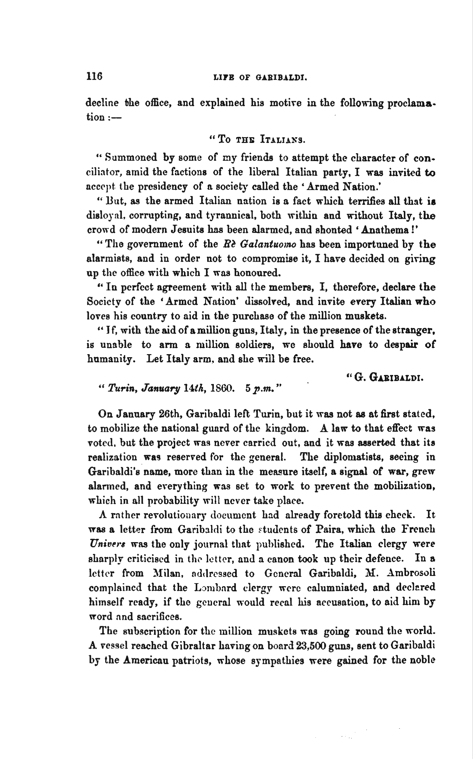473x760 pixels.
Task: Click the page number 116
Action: [x=95, y=76]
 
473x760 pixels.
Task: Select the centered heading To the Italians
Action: [x=257, y=139]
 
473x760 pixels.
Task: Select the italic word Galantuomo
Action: [x=268, y=244]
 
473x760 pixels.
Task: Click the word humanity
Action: [x=111, y=359]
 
